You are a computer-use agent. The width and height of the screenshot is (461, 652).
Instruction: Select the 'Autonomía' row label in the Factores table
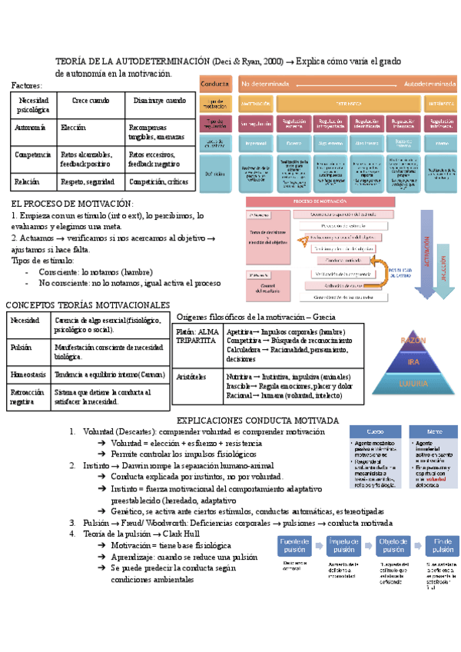[31, 128]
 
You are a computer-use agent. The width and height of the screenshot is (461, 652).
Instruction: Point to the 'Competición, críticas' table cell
[158, 182]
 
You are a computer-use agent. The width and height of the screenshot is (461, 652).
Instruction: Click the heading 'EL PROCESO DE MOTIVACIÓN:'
[73, 204]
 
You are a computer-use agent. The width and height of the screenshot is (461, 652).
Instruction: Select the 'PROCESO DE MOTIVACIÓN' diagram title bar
[321, 201]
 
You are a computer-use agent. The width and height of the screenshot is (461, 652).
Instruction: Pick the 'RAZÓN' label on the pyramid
[413, 340]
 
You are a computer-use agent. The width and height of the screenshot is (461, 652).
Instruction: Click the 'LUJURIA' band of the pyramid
[413, 382]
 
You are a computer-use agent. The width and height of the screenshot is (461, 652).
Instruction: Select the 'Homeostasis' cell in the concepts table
[28, 374]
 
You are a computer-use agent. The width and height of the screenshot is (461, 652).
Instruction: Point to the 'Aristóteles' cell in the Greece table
[192, 377]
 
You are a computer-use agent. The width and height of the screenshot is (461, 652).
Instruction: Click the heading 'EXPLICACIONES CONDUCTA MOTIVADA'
[257, 421]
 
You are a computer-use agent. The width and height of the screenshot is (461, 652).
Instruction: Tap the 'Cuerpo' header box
[375, 432]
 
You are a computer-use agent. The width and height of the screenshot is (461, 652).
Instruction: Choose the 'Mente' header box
[434, 432]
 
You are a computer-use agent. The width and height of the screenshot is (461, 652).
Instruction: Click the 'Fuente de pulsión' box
[295, 546]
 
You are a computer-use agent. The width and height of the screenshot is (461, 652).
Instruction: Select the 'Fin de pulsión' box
[443, 546]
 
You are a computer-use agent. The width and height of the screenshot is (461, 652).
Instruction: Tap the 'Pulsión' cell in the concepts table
[22, 348]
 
